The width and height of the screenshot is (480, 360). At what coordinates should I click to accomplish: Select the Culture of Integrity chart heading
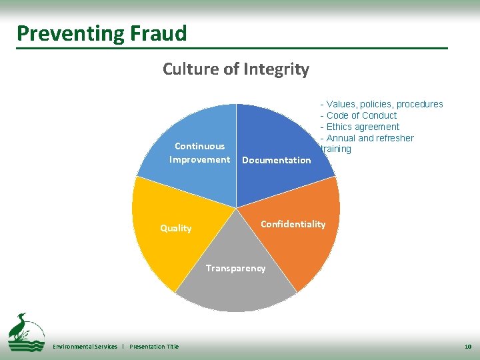(236, 69)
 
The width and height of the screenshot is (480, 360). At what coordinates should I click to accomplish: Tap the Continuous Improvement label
(199, 153)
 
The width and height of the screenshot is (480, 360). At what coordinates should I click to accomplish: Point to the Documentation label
(276, 160)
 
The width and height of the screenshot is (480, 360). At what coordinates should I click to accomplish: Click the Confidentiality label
(293, 224)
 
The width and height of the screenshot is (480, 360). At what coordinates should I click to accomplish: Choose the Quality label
(175, 228)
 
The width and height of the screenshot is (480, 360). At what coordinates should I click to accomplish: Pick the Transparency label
(235, 268)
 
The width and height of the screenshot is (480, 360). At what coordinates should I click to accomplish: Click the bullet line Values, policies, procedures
(381, 104)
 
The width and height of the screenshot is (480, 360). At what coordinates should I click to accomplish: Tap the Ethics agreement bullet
(360, 127)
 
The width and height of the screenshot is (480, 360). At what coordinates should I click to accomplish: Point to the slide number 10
(467, 347)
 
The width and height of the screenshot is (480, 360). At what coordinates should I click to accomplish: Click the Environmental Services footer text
(85, 347)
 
